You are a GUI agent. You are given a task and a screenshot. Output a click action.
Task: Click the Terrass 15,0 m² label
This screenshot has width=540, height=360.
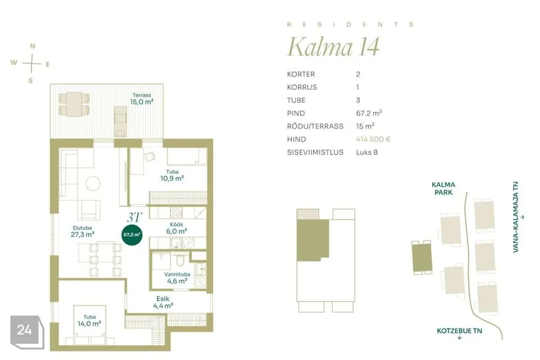pyautogui.click(x=142, y=99)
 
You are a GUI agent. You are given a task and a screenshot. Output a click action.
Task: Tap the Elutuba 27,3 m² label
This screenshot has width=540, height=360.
pyautogui.click(x=83, y=232)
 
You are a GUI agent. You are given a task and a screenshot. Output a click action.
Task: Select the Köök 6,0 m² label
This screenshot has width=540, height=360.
pyautogui.click(x=177, y=228)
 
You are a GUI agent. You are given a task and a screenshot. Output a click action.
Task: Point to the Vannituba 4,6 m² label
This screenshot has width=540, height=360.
pyautogui.click(x=177, y=278)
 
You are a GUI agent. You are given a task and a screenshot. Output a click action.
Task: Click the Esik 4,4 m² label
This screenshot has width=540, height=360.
pyautogui.click(x=163, y=302)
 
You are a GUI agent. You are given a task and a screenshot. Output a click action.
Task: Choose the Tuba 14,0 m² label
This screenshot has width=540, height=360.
pyautogui.click(x=89, y=321)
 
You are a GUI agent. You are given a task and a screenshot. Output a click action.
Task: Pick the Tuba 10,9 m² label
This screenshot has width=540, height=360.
pyautogui.click(x=172, y=175)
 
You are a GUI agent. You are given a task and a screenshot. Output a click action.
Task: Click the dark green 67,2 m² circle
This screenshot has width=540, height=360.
pyautogui.click(x=132, y=235)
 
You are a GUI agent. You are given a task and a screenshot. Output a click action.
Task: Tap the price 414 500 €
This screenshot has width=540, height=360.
pyautogui.click(x=373, y=139)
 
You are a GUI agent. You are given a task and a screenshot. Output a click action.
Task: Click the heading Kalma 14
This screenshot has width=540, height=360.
pyautogui.click(x=334, y=47)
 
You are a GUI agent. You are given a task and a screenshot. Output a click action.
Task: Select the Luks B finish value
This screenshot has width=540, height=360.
pyautogui.click(x=367, y=152)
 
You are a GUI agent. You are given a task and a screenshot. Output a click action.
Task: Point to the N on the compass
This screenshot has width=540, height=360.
pyautogui.click(x=33, y=46)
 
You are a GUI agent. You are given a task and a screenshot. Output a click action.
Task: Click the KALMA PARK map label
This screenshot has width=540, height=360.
pyautogui.click(x=444, y=188)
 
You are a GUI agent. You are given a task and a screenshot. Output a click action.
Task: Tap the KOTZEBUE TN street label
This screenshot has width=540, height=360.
pyautogui.click(x=460, y=331)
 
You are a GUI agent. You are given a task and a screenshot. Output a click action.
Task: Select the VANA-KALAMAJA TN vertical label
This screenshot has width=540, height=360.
pyautogui.click(x=516, y=217)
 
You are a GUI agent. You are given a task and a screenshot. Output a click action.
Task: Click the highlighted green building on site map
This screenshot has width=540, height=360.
pyautogui.click(x=422, y=257)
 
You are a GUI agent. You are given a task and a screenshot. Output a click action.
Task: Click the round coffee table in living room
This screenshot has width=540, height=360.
pyautogui.click(x=93, y=183)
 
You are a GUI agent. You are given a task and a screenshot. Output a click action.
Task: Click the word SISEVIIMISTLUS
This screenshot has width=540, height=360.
pyautogui.click(x=315, y=152)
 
